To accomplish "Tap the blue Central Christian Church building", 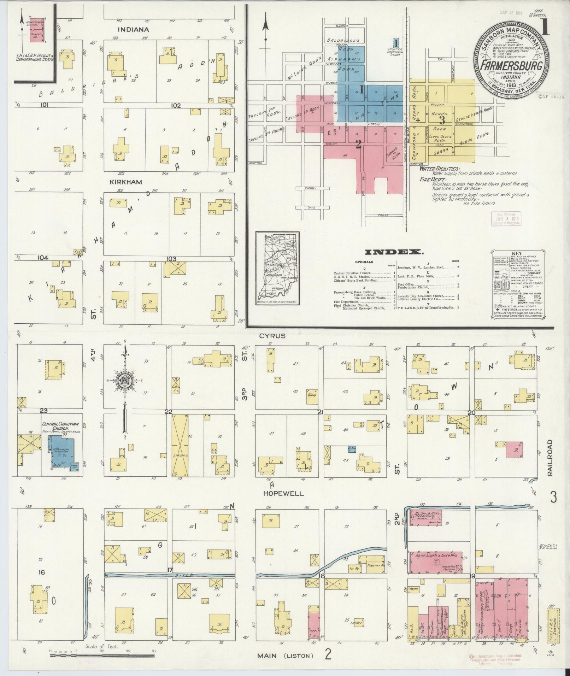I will pyautogui.click(x=61, y=451).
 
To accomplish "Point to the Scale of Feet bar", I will pyautogui.click(x=102, y=656).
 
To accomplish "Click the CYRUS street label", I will pyautogui.click(x=272, y=336).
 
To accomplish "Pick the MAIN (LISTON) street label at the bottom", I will pyautogui.click(x=285, y=656).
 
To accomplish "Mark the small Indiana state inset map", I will pyautogui.click(x=277, y=269).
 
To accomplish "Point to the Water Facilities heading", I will pyautogui.click(x=439, y=169).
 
